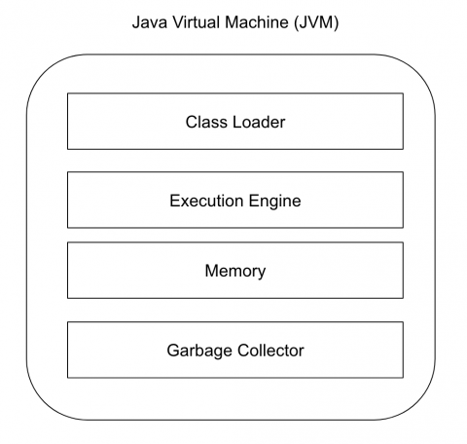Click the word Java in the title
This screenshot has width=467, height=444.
pyautogui.click(x=150, y=22)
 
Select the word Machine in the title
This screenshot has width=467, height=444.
pyautogui.click(x=257, y=22)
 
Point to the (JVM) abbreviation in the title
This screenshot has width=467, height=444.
pyautogui.click(x=316, y=22)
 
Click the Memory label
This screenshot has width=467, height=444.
pyautogui.click(x=235, y=272)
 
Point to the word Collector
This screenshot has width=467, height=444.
pyautogui.click(x=270, y=351)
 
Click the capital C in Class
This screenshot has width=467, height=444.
pyautogui.click(x=192, y=122)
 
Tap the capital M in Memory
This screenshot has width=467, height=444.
pyautogui.click(x=211, y=271)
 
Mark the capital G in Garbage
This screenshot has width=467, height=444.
pyautogui.click(x=173, y=351)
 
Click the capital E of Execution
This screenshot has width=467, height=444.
pyautogui.click(x=175, y=201)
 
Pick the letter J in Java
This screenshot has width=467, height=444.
pyautogui.click(x=136, y=22)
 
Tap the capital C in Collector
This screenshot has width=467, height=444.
pyautogui.click(x=243, y=351)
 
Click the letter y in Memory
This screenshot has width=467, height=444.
pyautogui.click(x=262, y=274)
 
